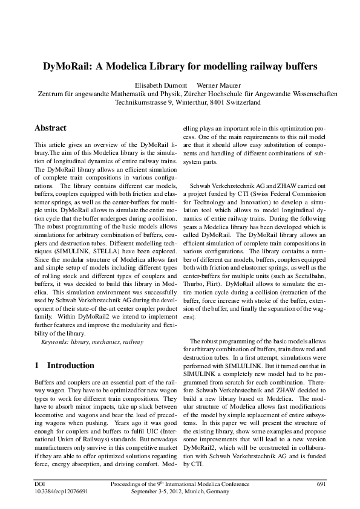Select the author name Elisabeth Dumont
point(159,85)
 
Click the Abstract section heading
point(50,128)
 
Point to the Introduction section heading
point(71,365)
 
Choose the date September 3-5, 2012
point(154,492)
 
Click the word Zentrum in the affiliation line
point(51,94)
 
